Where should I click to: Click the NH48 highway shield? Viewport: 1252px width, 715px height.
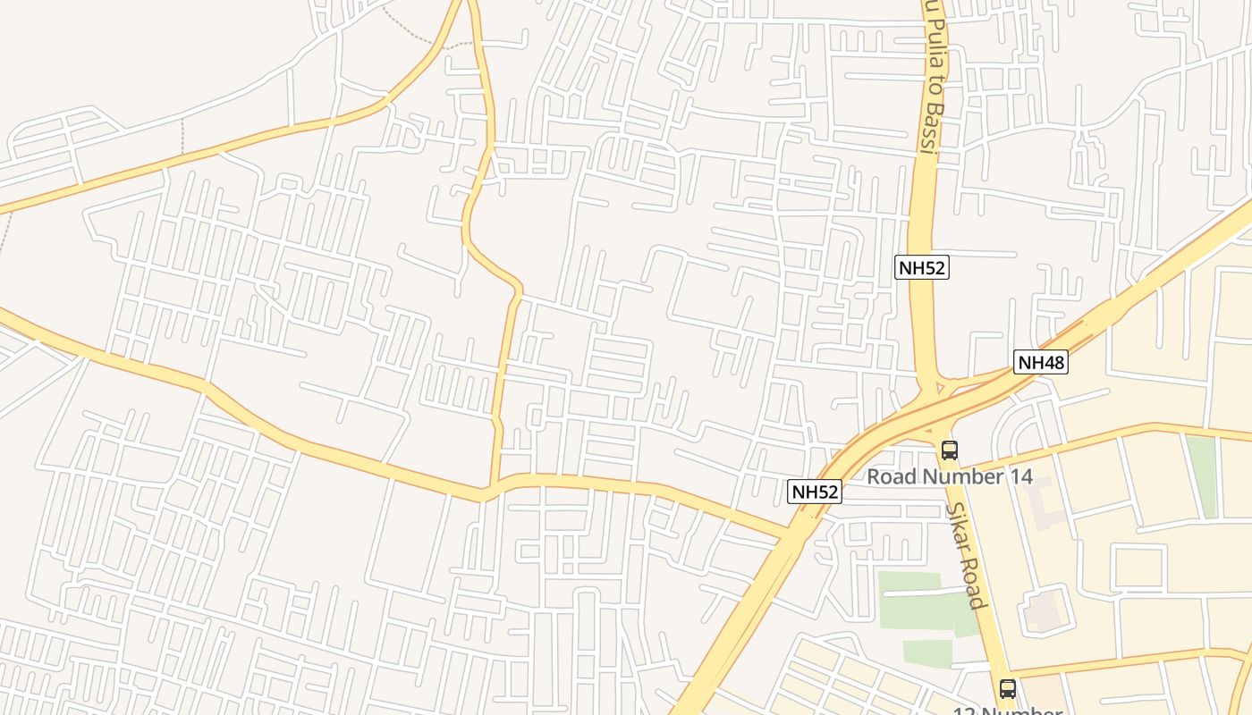(x=1041, y=362)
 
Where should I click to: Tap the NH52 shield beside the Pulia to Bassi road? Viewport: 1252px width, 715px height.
(x=921, y=266)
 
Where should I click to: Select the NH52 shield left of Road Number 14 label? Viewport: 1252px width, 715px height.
(x=815, y=491)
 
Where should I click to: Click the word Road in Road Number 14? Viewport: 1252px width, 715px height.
(x=892, y=476)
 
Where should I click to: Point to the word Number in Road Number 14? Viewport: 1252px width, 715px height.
(x=962, y=476)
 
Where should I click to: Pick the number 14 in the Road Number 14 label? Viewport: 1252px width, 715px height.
(x=1020, y=476)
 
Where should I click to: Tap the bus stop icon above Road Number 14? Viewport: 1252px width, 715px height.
(x=949, y=450)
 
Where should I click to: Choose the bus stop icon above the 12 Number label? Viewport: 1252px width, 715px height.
(x=1008, y=689)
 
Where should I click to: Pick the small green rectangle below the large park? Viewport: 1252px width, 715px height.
(x=926, y=653)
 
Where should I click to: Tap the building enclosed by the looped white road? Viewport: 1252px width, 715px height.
(x=1041, y=610)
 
